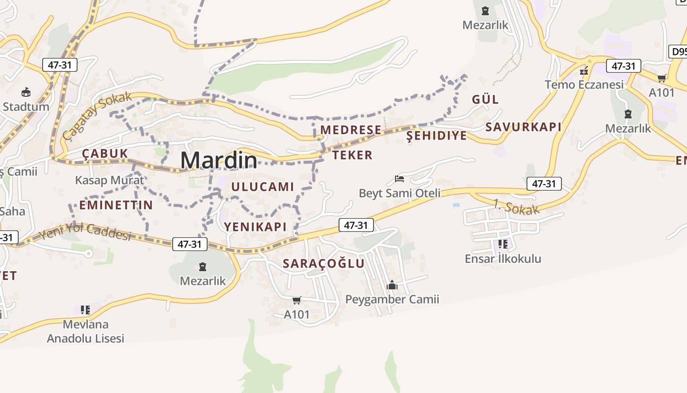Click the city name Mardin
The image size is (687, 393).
pyautogui.click(x=218, y=160)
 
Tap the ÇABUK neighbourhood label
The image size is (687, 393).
pyautogui.click(x=105, y=154)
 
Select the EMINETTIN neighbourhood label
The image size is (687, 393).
pyautogui.click(x=116, y=205)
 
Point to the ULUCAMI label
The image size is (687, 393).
pyautogui.click(x=263, y=187)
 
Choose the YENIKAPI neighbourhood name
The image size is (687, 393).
pyautogui.click(x=255, y=226)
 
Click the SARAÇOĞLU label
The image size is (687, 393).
pyautogui.click(x=324, y=263)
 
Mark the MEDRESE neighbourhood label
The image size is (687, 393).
pyautogui.click(x=351, y=130)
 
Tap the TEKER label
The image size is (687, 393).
pyautogui.click(x=352, y=155)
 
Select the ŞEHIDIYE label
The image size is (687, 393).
pyautogui.click(x=437, y=136)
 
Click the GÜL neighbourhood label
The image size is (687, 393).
pyautogui.click(x=485, y=99)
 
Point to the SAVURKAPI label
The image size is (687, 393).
pyautogui.click(x=523, y=127)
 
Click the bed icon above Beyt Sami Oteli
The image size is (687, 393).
pyautogui.click(x=399, y=179)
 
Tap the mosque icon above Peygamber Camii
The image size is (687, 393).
pyautogui.click(x=392, y=285)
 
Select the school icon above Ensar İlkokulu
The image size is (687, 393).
pyautogui.click(x=502, y=244)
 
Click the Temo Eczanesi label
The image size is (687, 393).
pyautogui.click(x=584, y=84)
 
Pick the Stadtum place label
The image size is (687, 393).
pyautogui.click(x=26, y=107)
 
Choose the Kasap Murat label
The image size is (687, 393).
pyautogui.click(x=109, y=180)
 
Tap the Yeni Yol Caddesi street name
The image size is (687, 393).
pyautogui.click(x=86, y=231)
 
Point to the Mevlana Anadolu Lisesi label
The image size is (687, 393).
pyautogui.click(x=85, y=331)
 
